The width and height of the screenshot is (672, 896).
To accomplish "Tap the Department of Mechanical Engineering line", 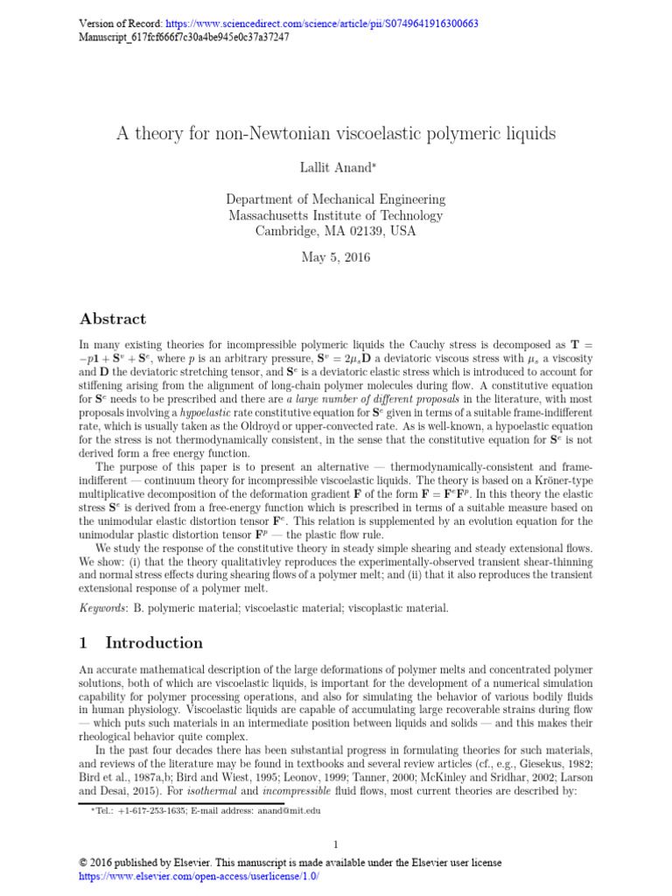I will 336,199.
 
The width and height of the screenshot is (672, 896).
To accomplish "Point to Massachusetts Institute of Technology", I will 336,215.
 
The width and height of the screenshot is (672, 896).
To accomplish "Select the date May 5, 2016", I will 336,257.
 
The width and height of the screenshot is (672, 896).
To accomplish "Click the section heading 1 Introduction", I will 141,643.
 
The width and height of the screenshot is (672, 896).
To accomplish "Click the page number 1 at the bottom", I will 336,844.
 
